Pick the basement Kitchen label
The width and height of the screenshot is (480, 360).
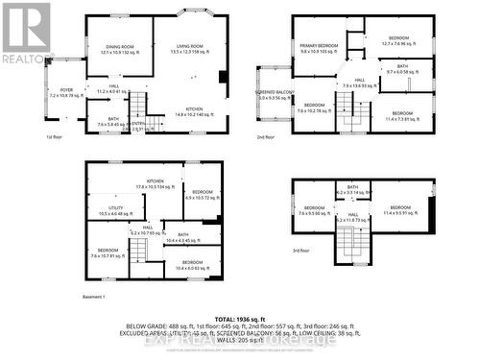click(x=156, y=181)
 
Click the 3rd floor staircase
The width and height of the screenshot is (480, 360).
click(x=352, y=248)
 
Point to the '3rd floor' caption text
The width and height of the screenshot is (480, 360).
click(x=301, y=251)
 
